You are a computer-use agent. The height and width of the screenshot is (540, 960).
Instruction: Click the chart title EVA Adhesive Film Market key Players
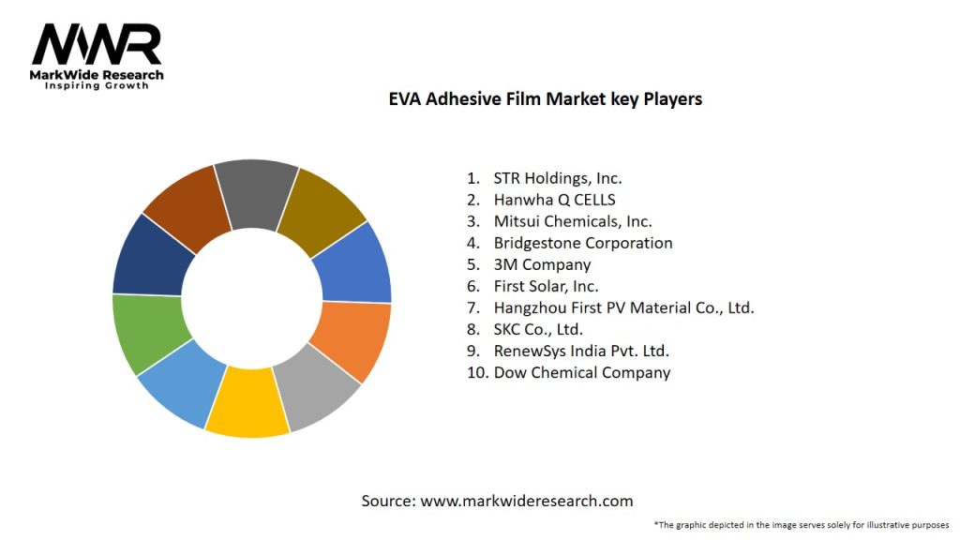[545, 98]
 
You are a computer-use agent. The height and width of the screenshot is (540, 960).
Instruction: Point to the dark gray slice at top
[255, 192]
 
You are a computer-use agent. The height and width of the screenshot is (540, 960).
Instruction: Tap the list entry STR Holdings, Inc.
[557, 178]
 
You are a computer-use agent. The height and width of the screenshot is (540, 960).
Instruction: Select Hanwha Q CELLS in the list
[554, 200]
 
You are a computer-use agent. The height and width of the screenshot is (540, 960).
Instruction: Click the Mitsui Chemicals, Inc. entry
[572, 221]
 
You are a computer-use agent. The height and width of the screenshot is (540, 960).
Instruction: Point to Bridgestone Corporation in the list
[582, 243]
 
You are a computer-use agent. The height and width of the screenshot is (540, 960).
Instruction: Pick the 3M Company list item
[542, 264]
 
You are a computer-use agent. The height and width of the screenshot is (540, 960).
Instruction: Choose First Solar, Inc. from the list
[546, 286]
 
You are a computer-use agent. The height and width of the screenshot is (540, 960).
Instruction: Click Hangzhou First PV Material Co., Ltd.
[623, 307]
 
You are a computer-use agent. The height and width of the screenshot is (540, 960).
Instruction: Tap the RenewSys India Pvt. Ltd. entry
[580, 351]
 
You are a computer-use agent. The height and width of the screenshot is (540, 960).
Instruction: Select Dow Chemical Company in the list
[581, 372]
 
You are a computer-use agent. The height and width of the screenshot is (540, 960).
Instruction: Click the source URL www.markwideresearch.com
[526, 502]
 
